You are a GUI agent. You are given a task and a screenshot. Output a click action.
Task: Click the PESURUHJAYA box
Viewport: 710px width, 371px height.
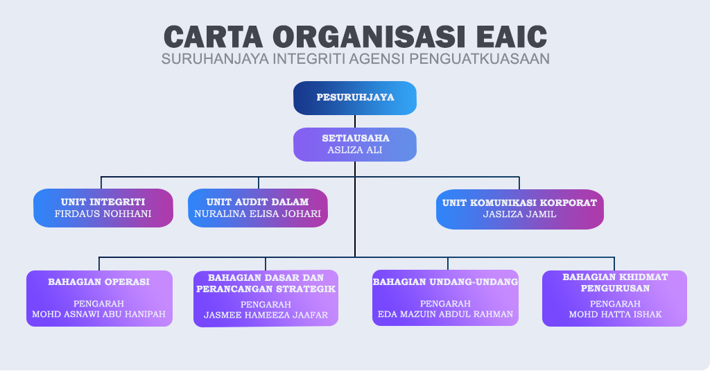[355, 98]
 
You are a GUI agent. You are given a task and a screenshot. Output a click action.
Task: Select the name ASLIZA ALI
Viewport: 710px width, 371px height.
[355, 150]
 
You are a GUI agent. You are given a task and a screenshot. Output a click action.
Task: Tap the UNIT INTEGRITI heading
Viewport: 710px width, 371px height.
[103, 202]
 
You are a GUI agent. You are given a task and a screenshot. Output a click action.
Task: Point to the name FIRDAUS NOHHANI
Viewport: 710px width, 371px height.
[103, 214]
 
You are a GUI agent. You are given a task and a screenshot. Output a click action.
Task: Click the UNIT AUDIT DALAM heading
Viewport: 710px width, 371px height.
[258, 202]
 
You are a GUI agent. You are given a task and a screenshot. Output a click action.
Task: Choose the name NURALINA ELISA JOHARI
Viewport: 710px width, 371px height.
[258, 214]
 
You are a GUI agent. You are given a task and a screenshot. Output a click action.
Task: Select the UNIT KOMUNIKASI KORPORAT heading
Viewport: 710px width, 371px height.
[520, 203]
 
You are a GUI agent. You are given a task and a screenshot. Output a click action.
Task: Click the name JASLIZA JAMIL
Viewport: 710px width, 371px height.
[520, 214]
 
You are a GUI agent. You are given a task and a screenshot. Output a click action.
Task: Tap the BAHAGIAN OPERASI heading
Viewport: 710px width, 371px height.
[98, 282]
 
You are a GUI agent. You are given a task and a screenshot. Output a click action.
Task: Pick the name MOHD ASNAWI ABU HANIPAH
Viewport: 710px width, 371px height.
[98, 314]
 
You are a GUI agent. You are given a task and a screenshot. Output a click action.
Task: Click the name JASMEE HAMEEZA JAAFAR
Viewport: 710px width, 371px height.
[266, 316]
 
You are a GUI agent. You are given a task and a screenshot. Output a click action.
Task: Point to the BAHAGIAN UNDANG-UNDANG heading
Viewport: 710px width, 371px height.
[445, 282]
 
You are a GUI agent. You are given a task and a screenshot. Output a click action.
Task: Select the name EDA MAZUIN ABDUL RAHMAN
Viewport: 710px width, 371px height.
[446, 314]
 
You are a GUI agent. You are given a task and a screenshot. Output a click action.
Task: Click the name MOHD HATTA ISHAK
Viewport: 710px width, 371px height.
[616, 314]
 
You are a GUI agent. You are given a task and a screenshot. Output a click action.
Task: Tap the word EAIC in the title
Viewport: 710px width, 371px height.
[512, 37]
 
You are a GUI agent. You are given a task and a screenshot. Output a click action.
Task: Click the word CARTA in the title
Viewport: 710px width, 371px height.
[213, 37]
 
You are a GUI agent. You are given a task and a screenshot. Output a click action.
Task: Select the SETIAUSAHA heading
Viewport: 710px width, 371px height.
[356, 138]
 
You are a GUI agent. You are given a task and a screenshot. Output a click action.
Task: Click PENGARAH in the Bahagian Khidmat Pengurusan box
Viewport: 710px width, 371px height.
[616, 304]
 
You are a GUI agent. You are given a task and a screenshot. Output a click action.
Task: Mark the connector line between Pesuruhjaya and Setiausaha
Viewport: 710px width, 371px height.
[355, 121]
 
